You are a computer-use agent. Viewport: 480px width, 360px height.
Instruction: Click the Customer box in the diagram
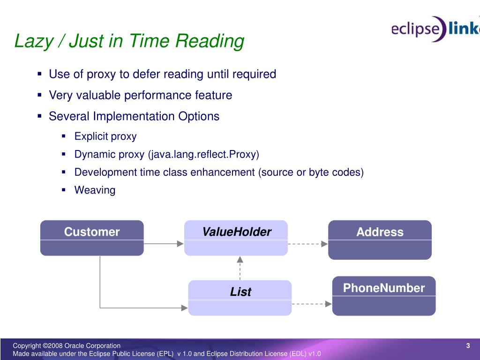click(x=92, y=238)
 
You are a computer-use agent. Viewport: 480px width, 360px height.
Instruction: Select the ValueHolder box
click(x=236, y=238)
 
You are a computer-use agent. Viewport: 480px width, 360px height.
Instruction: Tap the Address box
click(x=380, y=240)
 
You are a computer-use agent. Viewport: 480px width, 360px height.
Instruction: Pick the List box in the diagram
click(x=240, y=298)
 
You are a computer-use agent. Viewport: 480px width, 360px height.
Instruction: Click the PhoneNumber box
click(x=384, y=295)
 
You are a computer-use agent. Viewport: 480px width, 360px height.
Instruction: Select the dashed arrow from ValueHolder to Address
click(x=307, y=243)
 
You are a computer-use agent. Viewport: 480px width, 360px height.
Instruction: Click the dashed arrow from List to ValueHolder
click(x=240, y=268)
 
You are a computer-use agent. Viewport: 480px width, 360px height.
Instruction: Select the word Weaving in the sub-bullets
click(x=95, y=190)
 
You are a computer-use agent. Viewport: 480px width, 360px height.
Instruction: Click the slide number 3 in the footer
click(x=468, y=346)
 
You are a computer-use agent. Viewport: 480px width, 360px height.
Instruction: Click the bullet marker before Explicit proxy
click(x=64, y=136)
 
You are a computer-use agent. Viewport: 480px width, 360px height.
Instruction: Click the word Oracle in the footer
click(x=74, y=346)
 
